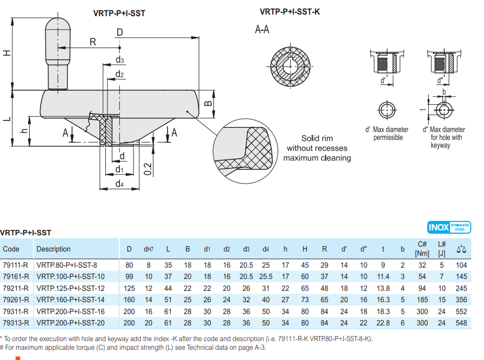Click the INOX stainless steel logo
click(449, 227)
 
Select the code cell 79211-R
click(16, 288)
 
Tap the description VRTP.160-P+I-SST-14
click(70, 300)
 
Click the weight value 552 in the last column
click(461, 311)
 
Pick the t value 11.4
click(383, 277)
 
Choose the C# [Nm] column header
click(422, 249)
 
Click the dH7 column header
click(149, 249)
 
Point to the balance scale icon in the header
click(461, 249)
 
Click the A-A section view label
click(262, 30)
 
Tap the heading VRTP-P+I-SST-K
click(290, 12)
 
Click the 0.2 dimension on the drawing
click(148, 169)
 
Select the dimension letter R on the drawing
click(92, 42)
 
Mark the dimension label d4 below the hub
click(119, 184)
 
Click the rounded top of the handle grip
click(58, 23)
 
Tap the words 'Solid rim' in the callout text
click(317, 138)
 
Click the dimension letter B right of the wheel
click(209, 103)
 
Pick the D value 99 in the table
click(129, 277)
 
